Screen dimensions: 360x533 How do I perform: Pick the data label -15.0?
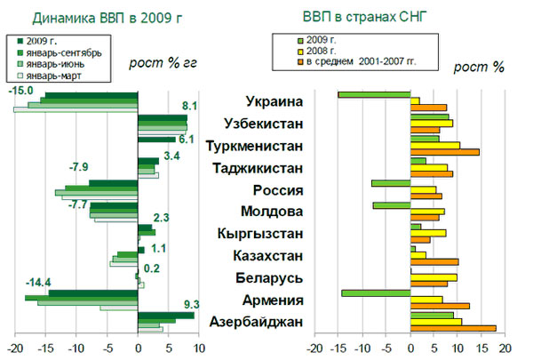(x=20, y=90)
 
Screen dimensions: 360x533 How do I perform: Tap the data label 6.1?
(x=186, y=139)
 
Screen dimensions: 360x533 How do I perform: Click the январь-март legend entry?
(x=62, y=76)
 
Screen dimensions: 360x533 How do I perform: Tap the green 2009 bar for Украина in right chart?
(x=374, y=94)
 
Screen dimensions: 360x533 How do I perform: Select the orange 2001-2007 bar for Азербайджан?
(x=453, y=328)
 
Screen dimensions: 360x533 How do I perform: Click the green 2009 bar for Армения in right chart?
(x=376, y=292)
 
